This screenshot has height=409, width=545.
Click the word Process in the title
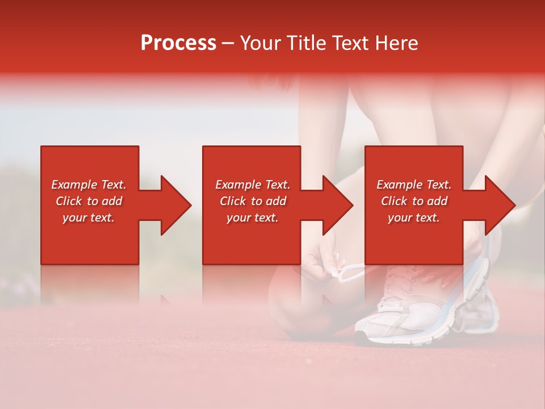coord(178,43)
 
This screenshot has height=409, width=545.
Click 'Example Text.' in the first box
coord(89,185)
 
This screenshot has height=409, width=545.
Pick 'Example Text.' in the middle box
coord(253,185)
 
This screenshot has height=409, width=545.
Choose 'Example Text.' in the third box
coord(414,185)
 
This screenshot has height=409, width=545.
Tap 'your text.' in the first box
coord(89,218)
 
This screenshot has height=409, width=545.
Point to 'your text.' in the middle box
coord(253,218)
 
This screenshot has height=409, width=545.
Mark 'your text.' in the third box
coord(414,218)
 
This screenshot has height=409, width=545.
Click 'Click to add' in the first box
coord(89,201)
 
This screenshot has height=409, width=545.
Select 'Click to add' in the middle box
coord(253,201)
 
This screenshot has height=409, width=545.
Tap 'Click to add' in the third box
coord(414,201)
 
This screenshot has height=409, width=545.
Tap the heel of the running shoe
coord(483,307)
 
